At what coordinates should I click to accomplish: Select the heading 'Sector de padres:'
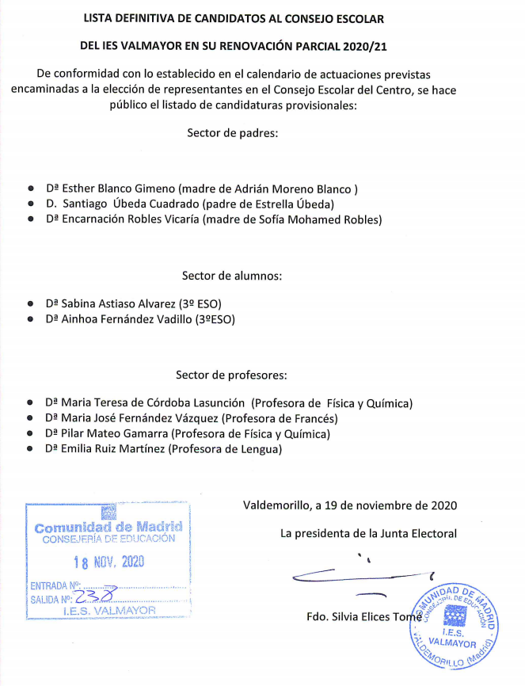coord(233,133)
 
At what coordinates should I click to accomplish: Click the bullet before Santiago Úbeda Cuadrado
coord(30,204)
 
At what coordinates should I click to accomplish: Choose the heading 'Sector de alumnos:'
coord(232,276)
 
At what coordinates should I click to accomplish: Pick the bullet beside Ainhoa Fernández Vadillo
coord(30,319)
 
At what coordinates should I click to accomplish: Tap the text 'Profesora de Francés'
coord(280,418)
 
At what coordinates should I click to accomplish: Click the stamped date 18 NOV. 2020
coord(108,562)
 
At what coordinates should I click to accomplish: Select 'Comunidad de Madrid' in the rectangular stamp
coord(108,526)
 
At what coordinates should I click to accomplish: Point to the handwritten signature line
coord(364,574)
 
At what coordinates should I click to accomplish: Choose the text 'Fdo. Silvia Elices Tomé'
coord(359,616)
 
